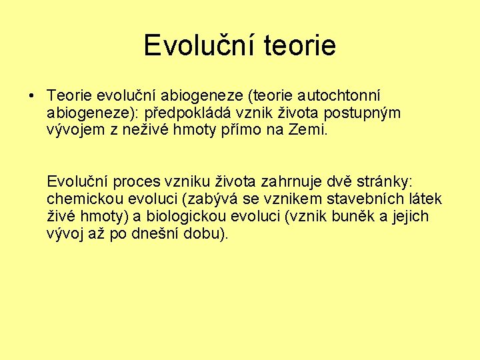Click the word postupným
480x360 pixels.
(x=364, y=113)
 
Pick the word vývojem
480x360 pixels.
(x=74, y=129)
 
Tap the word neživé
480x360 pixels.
(x=149, y=129)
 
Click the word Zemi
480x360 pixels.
(x=308, y=129)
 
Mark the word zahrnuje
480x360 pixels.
(x=292, y=182)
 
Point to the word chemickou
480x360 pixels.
(x=79, y=199)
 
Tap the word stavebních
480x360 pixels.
(x=357, y=199)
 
